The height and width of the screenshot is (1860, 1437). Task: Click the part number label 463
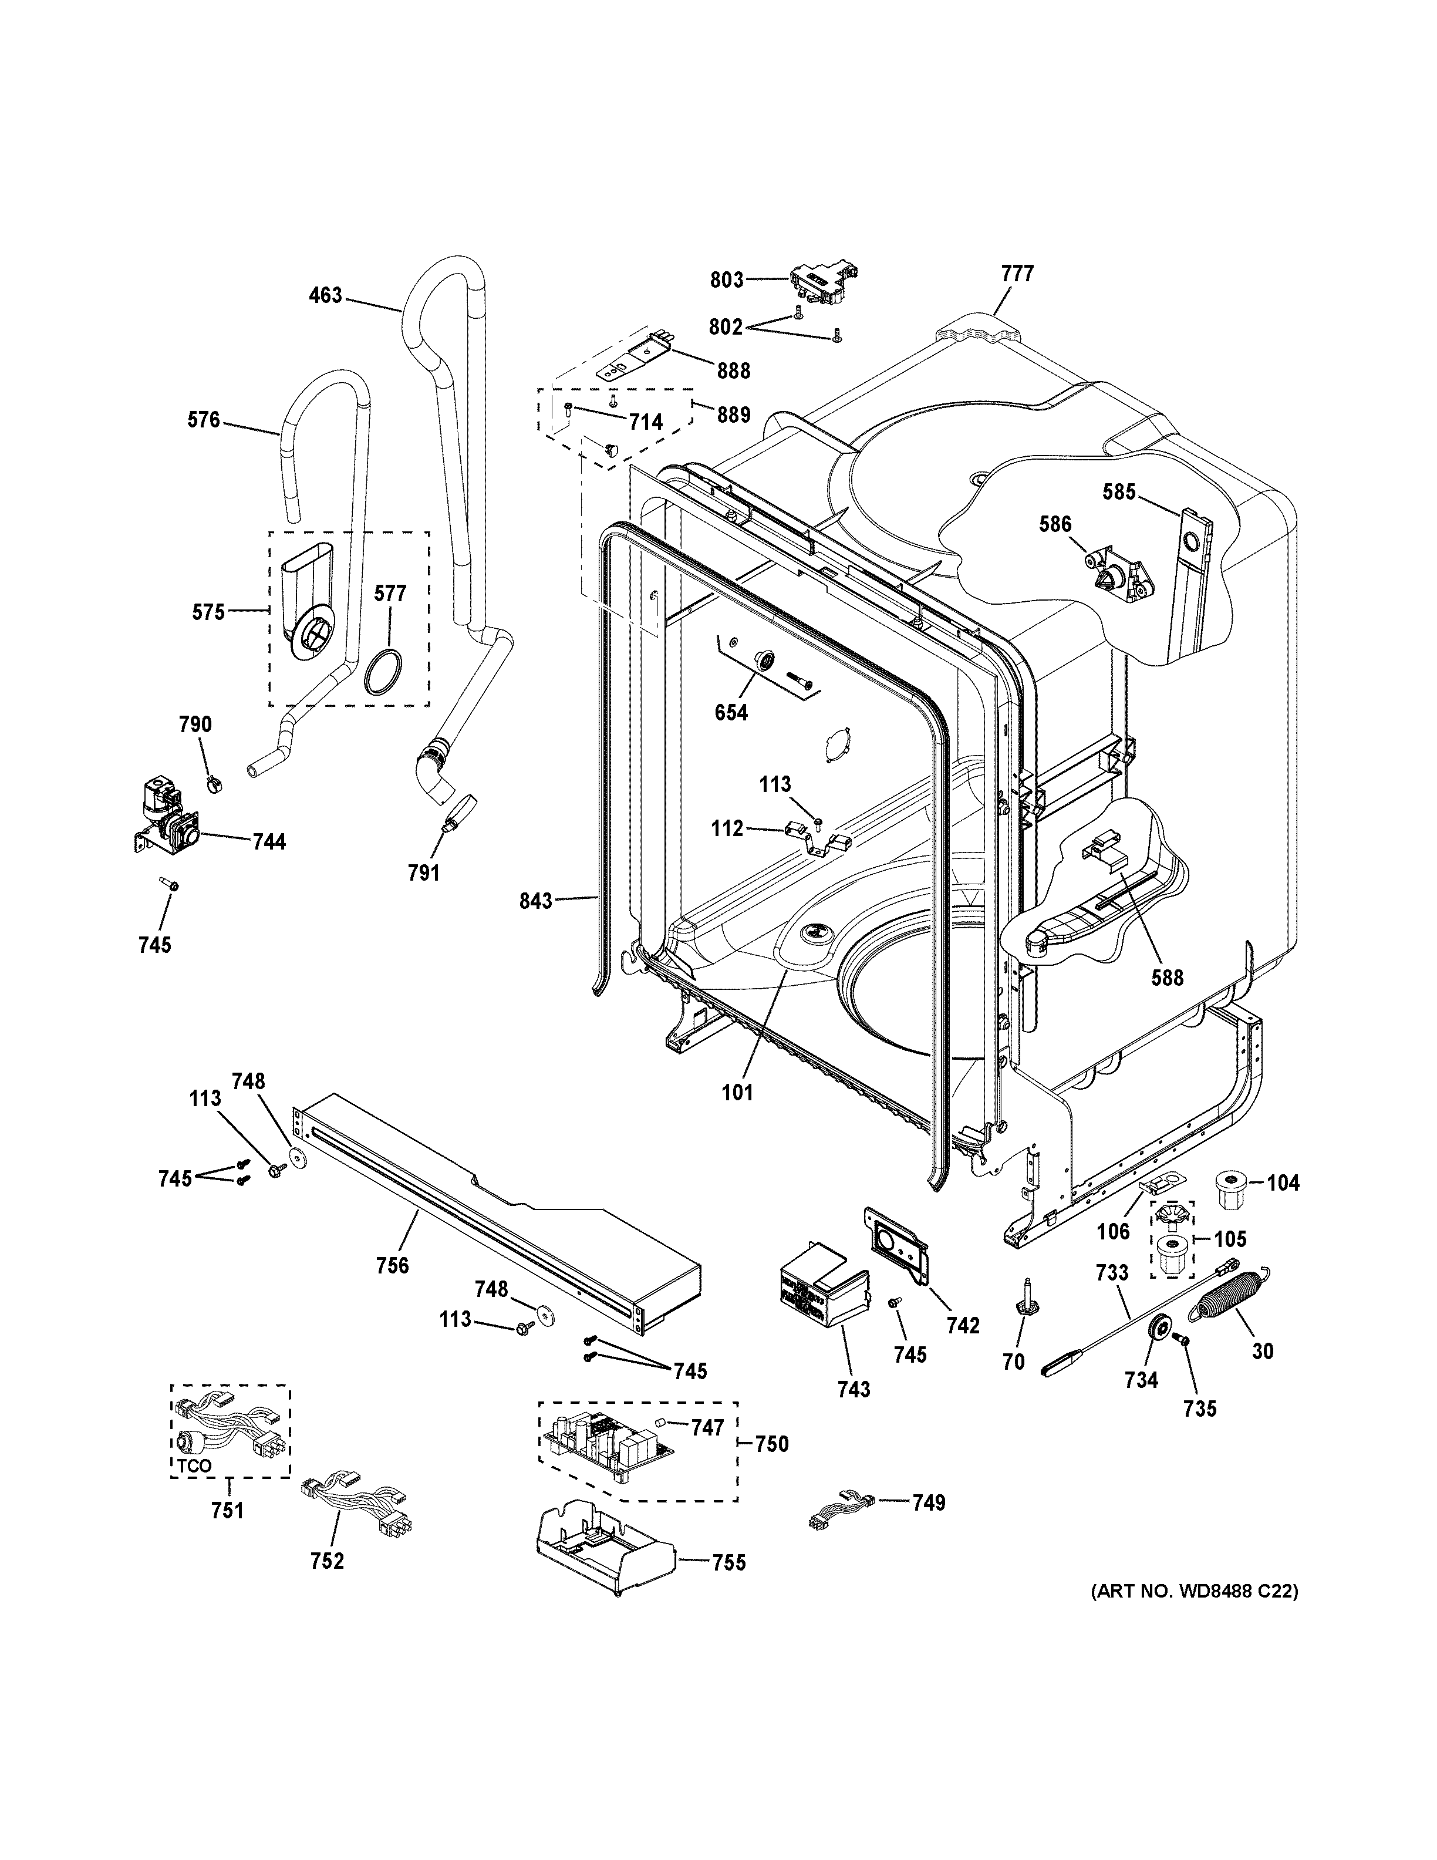tap(325, 295)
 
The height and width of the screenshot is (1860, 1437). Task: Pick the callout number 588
tap(1167, 977)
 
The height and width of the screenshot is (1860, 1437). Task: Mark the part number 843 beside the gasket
tap(535, 900)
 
